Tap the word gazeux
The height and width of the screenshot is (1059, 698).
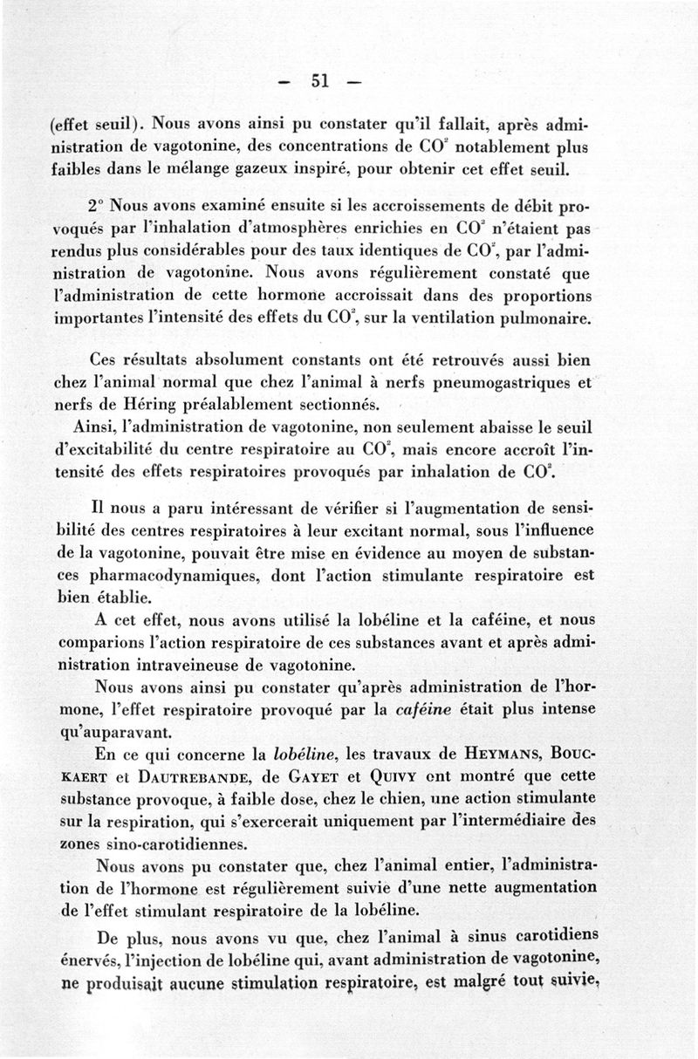pos(289,168)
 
